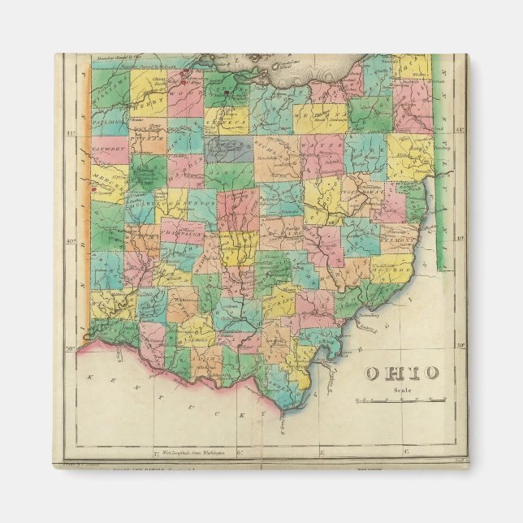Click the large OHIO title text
(x=401, y=373)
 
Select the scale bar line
(x=400, y=400)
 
